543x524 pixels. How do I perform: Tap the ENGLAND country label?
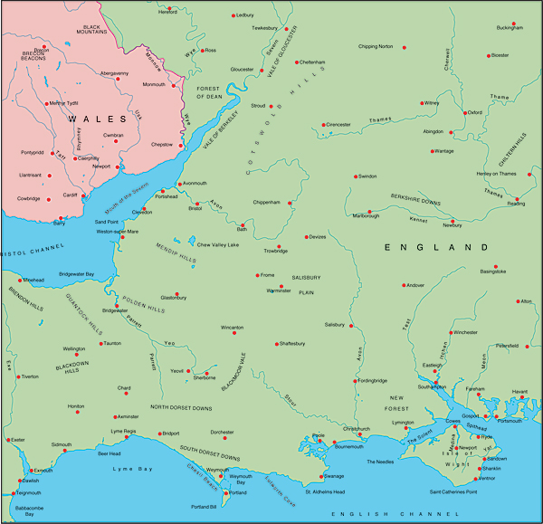point(430,247)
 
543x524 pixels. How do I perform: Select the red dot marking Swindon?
point(354,176)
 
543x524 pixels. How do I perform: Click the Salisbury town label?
point(335,324)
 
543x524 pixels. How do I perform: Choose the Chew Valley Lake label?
point(218,244)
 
